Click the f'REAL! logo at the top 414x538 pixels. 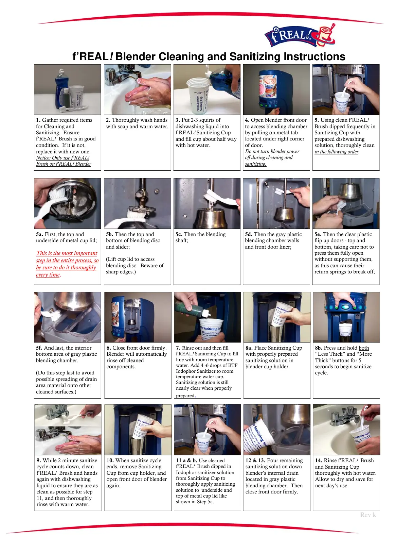[x=300, y=36]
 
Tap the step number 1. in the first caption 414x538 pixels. [x=38, y=120]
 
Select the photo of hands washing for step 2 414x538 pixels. [x=138, y=90]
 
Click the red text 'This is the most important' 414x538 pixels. [x=67, y=253]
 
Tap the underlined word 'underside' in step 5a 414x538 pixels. [x=47, y=240]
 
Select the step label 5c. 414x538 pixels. [x=179, y=234]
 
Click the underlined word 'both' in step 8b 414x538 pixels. [x=364, y=348]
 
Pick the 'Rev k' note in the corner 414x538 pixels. [x=368, y=515]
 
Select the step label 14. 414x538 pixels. [x=319, y=460]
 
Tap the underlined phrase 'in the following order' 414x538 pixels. [x=337, y=152]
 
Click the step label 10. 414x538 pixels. [x=110, y=460]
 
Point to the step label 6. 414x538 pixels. [x=109, y=348]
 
